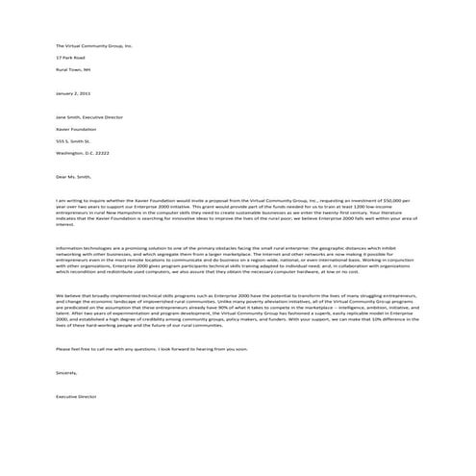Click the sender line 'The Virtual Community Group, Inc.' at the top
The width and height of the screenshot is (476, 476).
coord(93,45)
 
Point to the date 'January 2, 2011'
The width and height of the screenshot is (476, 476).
coord(74,93)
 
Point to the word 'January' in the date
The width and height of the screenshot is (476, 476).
coord(65,93)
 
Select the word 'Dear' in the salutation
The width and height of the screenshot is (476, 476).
coord(61,176)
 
